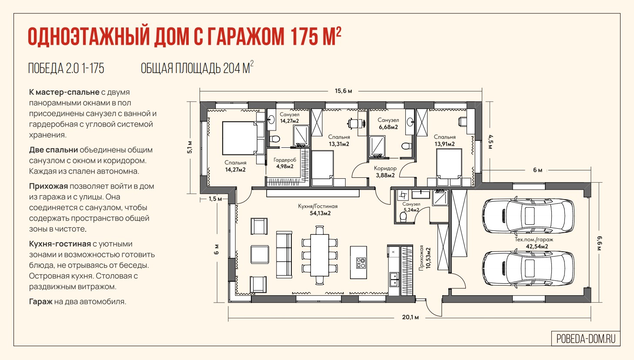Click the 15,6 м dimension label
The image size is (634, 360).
click(344, 91)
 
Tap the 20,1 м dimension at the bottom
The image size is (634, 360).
click(410, 317)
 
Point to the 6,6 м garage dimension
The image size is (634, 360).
click(600, 243)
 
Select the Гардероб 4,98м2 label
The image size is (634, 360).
click(285, 163)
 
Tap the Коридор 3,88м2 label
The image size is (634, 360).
click(385, 172)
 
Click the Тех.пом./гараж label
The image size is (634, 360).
click(534, 240)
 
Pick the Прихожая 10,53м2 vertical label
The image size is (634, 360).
click(425, 258)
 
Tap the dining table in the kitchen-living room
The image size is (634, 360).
click(320, 255)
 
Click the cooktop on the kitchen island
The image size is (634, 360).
click(360, 263)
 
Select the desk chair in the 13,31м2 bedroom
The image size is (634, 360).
click(353, 123)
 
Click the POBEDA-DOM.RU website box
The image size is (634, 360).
click(586, 339)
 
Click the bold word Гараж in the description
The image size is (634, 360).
click(41, 302)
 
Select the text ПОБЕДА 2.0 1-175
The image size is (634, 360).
click(66, 69)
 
